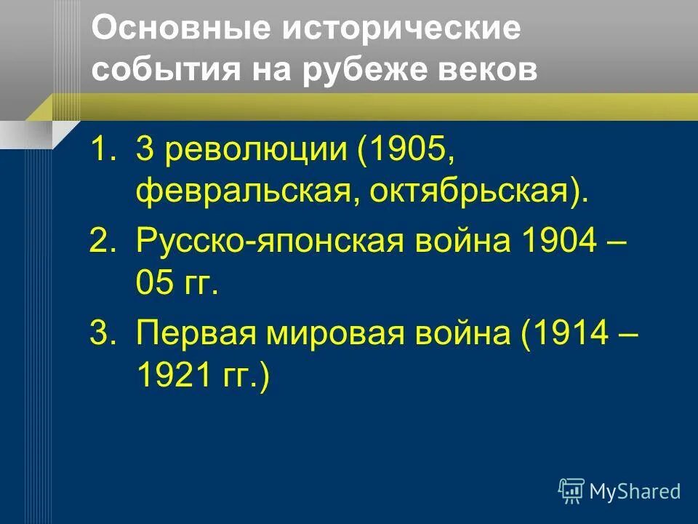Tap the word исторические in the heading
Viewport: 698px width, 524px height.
(x=402, y=31)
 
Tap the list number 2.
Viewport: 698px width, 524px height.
(x=100, y=241)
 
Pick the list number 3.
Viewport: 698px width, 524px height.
(x=100, y=334)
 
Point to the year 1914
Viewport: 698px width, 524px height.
(x=570, y=334)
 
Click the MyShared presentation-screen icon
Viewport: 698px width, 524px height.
(x=571, y=491)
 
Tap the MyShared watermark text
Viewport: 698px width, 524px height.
(x=635, y=492)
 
